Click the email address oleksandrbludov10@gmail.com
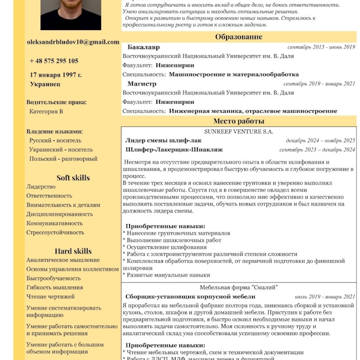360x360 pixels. (x=73, y=42)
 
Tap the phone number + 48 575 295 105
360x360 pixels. (x=54, y=61)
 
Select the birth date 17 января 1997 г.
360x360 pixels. (x=56, y=75)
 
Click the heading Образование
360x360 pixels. (x=238, y=37)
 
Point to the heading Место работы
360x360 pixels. (x=238, y=121)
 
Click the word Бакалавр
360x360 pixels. (x=144, y=47)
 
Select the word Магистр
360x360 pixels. (x=142, y=84)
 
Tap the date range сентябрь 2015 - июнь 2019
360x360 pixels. (x=321, y=47)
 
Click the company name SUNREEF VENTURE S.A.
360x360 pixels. (x=238, y=131)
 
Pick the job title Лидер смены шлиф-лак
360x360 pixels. (x=163, y=140)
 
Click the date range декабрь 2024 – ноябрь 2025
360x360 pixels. (x=320, y=140)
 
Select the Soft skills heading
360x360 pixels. (x=73, y=177)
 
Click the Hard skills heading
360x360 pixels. (x=73, y=251)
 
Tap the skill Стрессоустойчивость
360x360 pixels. (x=55, y=233)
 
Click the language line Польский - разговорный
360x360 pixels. (x=63, y=159)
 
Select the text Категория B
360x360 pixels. (x=46, y=111)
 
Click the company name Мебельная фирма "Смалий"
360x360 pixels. (x=238, y=287)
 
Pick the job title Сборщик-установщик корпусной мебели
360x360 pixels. (x=190, y=297)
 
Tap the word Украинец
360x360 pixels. (x=45, y=84)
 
